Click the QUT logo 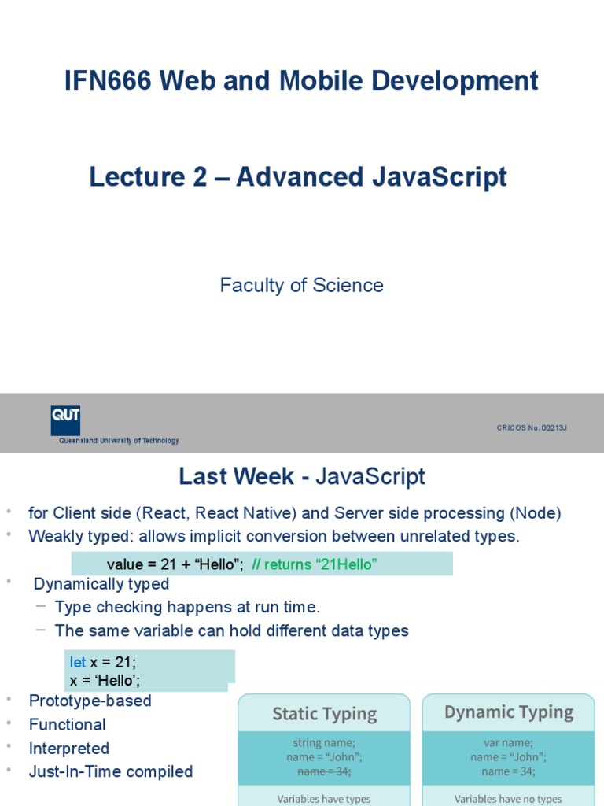(x=65, y=420)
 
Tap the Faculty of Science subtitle (x=302, y=285)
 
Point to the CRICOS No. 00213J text (x=532, y=427)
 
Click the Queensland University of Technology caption (x=119, y=441)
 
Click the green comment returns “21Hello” (x=309, y=564)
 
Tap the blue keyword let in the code (x=78, y=663)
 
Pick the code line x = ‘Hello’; (x=105, y=680)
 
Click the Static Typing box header (x=324, y=714)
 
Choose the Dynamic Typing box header (x=509, y=712)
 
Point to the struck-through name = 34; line (x=324, y=771)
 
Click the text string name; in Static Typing (x=324, y=742)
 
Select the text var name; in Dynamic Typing (x=509, y=742)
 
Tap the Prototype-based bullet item (x=90, y=701)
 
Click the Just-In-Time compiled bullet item (x=110, y=771)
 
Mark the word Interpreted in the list (x=69, y=748)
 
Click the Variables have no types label (x=509, y=798)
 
